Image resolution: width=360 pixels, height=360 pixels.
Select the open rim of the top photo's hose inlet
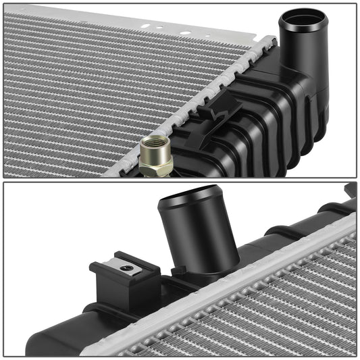303,18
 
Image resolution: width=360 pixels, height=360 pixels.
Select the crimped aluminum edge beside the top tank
203,95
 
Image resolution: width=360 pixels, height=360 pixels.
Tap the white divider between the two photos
180,180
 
